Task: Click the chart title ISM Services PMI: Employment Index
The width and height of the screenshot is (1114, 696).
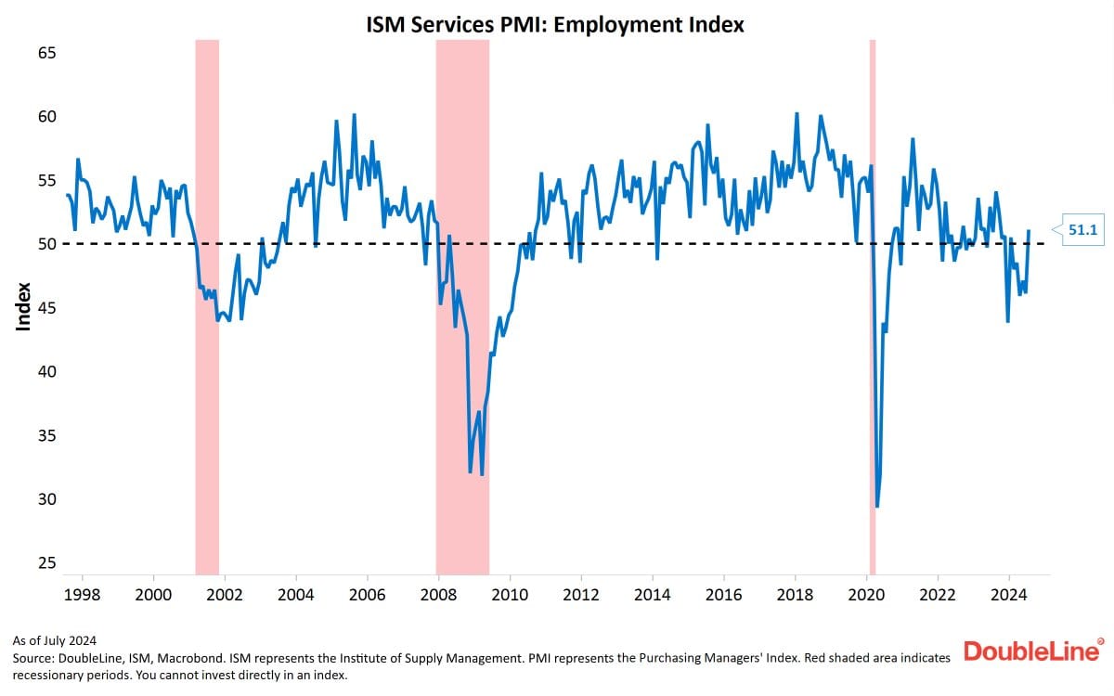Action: pos(556,25)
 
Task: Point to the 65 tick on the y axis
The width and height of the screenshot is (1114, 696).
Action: pos(46,53)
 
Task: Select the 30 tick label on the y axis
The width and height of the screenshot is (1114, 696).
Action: pos(46,498)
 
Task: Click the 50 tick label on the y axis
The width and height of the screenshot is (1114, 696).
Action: pos(46,244)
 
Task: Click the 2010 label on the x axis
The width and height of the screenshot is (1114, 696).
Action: pos(510,595)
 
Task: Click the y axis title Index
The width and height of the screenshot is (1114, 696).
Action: pos(23,306)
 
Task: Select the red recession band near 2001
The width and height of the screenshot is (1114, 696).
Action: pos(207,306)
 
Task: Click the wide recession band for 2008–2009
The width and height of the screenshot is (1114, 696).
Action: pos(462,306)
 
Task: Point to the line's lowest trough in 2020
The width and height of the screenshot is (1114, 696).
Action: pos(877,505)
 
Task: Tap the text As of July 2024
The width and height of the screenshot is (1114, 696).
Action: pos(55,640)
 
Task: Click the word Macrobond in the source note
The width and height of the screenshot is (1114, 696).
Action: pos(200,658)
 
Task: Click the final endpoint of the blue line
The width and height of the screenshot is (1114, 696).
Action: pos(1029,230)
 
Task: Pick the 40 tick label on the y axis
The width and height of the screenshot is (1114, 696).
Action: pos(46,371)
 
